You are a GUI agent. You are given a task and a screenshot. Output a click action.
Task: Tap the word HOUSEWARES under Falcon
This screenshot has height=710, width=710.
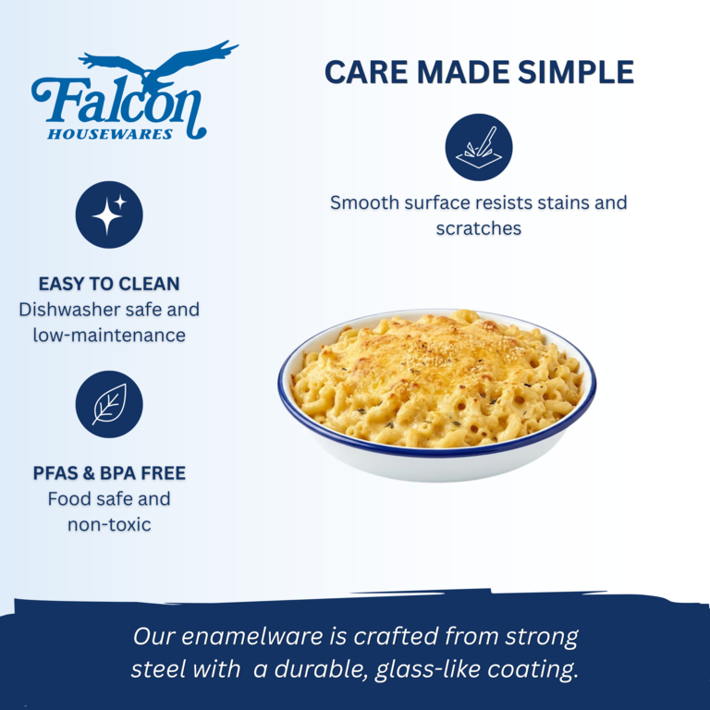(110, 134)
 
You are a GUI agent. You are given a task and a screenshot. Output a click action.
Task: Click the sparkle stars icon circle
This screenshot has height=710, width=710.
(109, 214)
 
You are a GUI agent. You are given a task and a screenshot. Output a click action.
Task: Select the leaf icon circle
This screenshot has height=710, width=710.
(109, 404)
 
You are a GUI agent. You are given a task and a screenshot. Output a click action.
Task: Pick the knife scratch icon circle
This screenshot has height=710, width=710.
(479, 147)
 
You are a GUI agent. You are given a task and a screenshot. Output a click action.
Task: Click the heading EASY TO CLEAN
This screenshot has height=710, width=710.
(109, 284)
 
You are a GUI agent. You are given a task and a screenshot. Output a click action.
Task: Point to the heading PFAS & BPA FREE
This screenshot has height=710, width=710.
(109, 473)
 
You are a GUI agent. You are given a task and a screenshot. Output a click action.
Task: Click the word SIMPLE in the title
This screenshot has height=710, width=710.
(576, 72)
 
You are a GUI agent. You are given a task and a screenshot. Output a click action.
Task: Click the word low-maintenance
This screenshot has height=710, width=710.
(109, 336)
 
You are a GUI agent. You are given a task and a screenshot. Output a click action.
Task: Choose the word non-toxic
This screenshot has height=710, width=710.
(109, 525)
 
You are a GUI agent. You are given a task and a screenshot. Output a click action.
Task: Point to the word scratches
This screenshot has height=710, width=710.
(479, 228)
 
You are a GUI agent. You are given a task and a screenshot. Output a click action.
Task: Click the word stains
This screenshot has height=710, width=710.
(563, 202)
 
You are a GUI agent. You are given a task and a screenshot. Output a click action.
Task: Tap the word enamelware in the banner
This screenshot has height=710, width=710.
(252, 636)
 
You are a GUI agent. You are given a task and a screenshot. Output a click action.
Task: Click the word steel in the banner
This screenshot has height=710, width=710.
(153, 669)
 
